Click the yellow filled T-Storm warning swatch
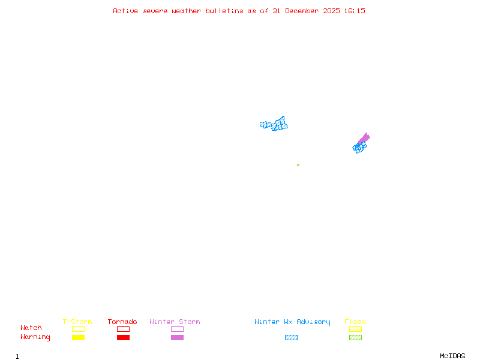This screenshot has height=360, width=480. pos(78,337)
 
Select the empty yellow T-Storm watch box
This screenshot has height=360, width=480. pos(78,329)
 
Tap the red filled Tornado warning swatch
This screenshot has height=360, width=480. pos(123,337)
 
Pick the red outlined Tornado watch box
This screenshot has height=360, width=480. pos(123,329)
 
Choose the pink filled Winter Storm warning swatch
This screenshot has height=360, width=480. pos(177,337)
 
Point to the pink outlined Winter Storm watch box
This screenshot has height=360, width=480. pos(177,329)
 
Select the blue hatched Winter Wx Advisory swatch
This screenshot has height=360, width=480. pos(291,337)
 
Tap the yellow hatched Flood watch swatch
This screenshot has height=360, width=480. pos(355,329)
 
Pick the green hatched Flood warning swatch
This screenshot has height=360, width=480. pos(355,337)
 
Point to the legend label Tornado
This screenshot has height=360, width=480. pos(122,322)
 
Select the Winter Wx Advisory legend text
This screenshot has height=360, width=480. pos(292,322)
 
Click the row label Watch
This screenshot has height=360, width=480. pos(31,328)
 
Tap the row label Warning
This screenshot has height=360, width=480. pos(35,337)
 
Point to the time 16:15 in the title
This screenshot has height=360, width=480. pos(355,11)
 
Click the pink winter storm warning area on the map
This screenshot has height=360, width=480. pos(364,139)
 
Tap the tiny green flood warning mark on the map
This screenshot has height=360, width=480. pos(298,164)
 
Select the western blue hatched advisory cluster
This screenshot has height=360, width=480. pos(275,124)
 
